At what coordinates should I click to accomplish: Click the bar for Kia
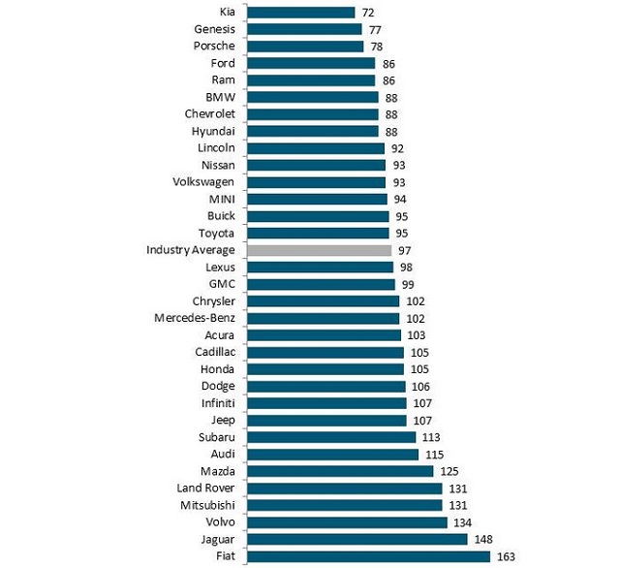tap(301, 13)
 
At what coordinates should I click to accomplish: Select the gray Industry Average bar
tap(319, 250)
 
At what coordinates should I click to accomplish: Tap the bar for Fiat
tap(368, 556)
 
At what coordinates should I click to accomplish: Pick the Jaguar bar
tap(357, 539)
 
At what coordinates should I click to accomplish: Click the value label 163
tap(506, 556)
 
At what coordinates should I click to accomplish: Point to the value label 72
tap(368, 13)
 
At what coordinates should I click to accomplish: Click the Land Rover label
tap(204, 488)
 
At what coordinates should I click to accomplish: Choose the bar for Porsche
tap(305, 47)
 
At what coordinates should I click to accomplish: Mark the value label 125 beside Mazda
tap(449, 471)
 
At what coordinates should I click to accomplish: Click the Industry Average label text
tap(191, 250)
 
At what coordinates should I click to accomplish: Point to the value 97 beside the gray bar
tap(405, 250)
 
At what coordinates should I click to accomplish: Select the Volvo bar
tap(347, 522)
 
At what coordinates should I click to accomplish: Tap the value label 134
tap(462, 522)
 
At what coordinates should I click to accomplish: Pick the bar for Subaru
tap(331, 437)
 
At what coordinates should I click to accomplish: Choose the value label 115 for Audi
tap(434, 454)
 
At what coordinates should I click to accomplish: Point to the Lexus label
tap(220, 267)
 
